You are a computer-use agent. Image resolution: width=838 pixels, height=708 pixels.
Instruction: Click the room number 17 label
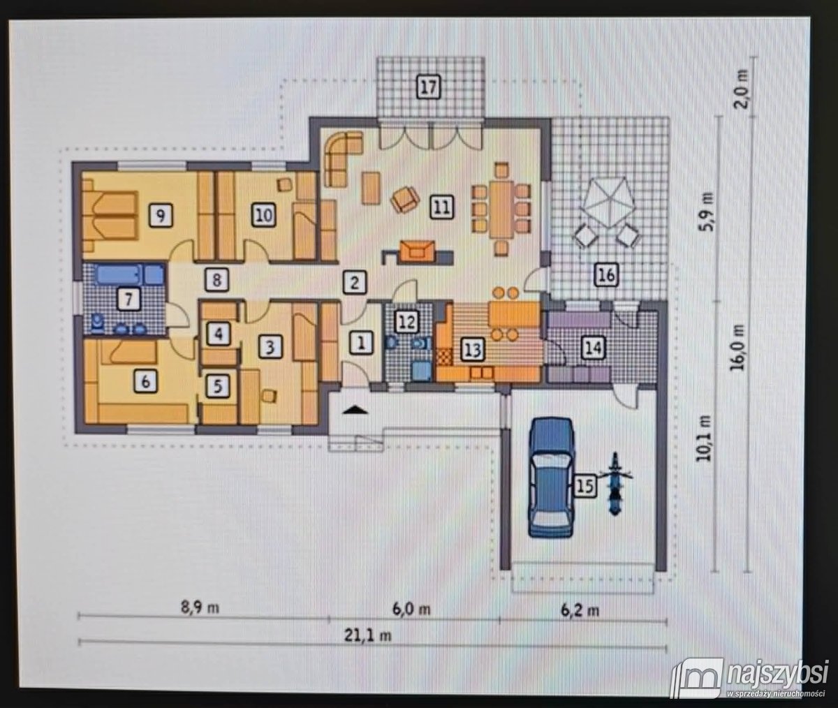point(429,87)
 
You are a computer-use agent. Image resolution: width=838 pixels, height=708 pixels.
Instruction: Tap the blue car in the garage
point(552,477)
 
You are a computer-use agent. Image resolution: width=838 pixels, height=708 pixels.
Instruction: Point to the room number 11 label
point(442,207)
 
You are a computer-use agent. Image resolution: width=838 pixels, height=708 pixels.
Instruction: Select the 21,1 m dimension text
point(367,635)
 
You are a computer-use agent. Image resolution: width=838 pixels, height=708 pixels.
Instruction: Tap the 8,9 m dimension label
point(200,607)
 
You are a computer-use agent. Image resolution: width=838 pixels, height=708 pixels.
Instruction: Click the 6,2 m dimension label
point(580,610)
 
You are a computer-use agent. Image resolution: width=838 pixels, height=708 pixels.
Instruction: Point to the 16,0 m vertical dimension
point(737,347)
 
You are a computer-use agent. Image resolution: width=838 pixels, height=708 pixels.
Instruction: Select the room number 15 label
point(585,486)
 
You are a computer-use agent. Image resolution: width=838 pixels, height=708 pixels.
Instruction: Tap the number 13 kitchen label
point(472,349)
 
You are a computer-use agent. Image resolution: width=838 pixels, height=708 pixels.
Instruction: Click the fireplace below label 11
point(418,251)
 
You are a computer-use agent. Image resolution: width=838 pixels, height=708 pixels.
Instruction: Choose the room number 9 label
point(161,216)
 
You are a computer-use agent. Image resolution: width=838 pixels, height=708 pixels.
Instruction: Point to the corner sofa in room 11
point(343,158)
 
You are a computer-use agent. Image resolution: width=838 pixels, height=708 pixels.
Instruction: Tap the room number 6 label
point(146,381)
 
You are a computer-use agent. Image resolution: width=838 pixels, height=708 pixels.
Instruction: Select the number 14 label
point(594,348)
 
